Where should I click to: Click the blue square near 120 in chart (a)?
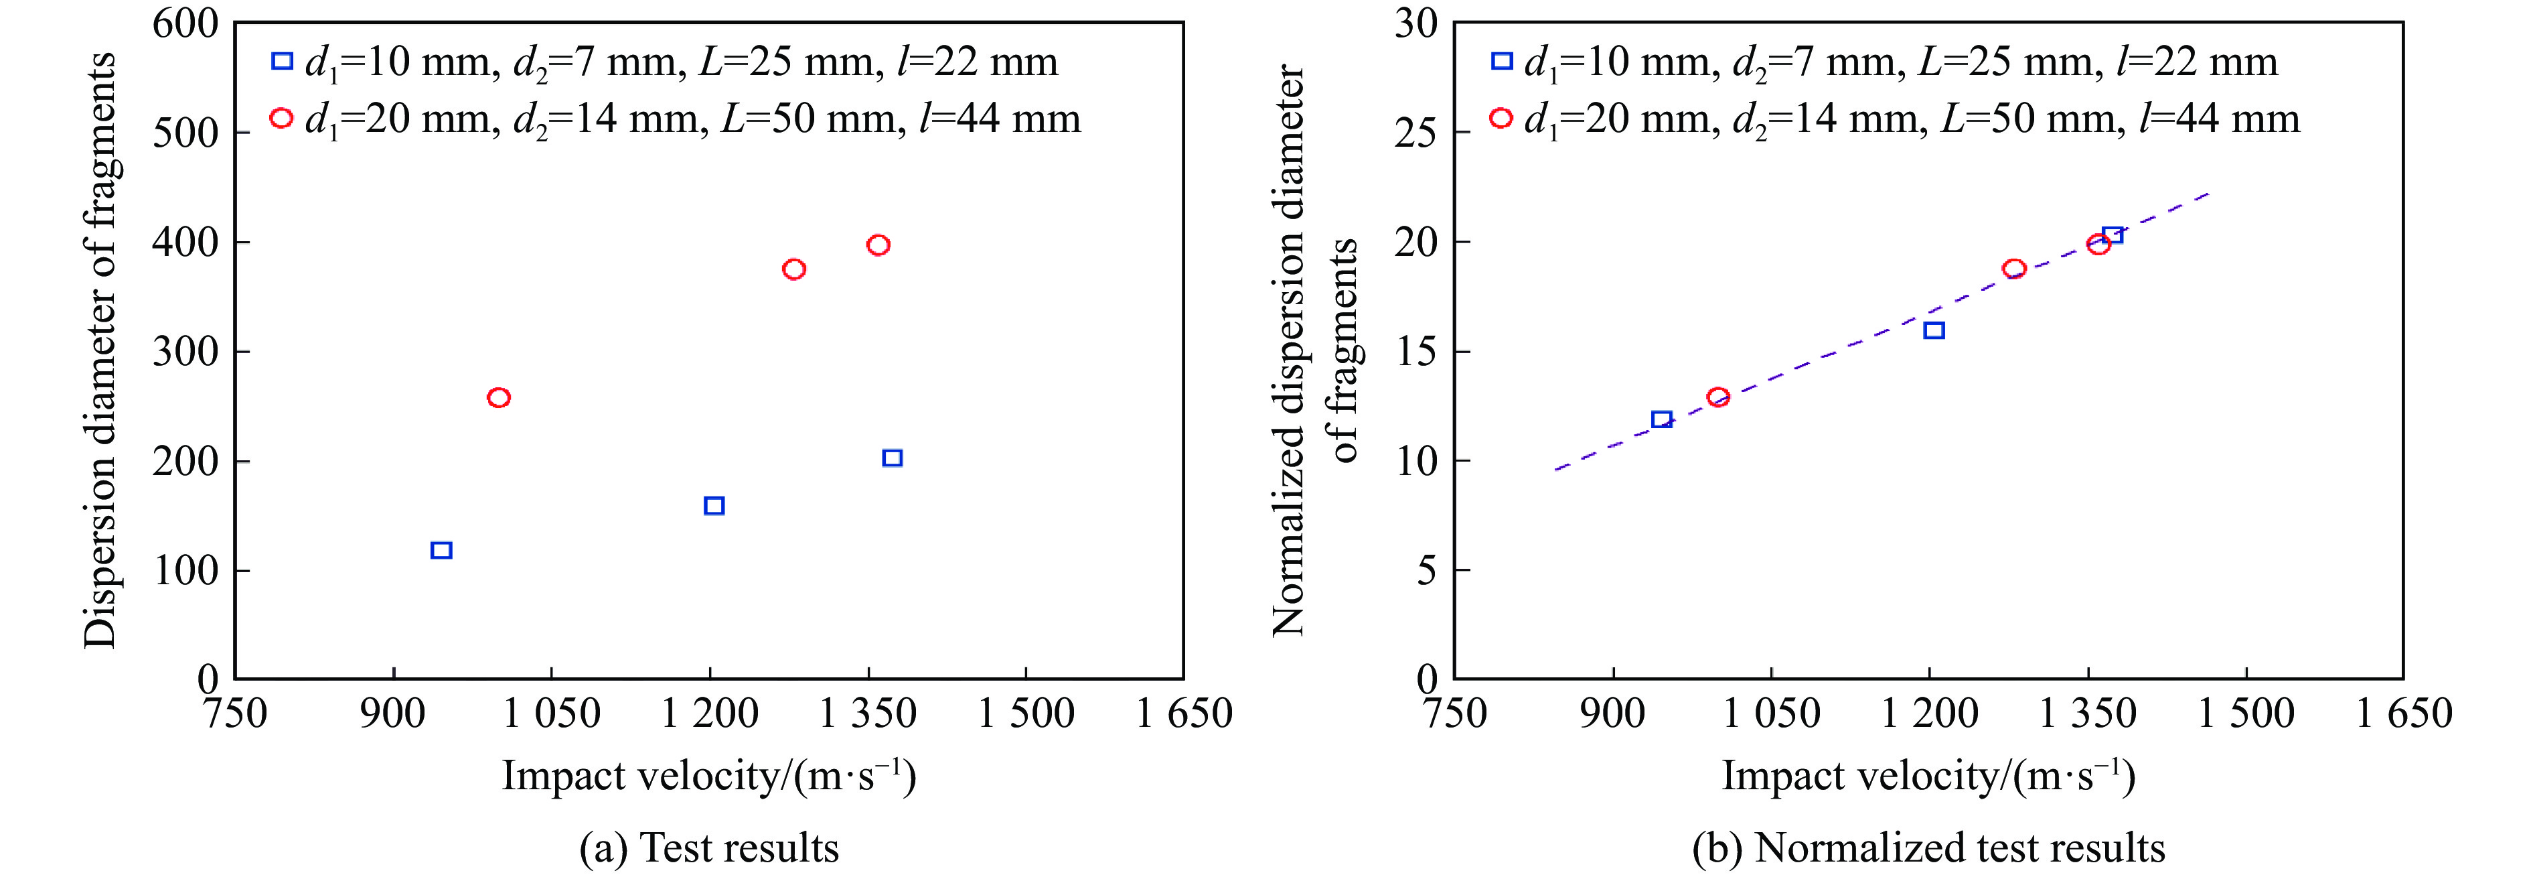441,549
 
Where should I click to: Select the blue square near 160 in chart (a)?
714,505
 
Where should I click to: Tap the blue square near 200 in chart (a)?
892,458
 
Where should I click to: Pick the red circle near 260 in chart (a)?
498,397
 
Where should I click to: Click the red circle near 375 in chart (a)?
794,269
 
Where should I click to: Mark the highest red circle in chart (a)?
878,245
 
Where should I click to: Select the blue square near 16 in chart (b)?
1934,330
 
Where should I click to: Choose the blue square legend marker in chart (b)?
1501,61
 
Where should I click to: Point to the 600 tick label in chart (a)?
185,23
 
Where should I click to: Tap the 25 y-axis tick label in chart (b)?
1416,133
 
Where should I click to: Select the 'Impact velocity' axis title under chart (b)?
1928,777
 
